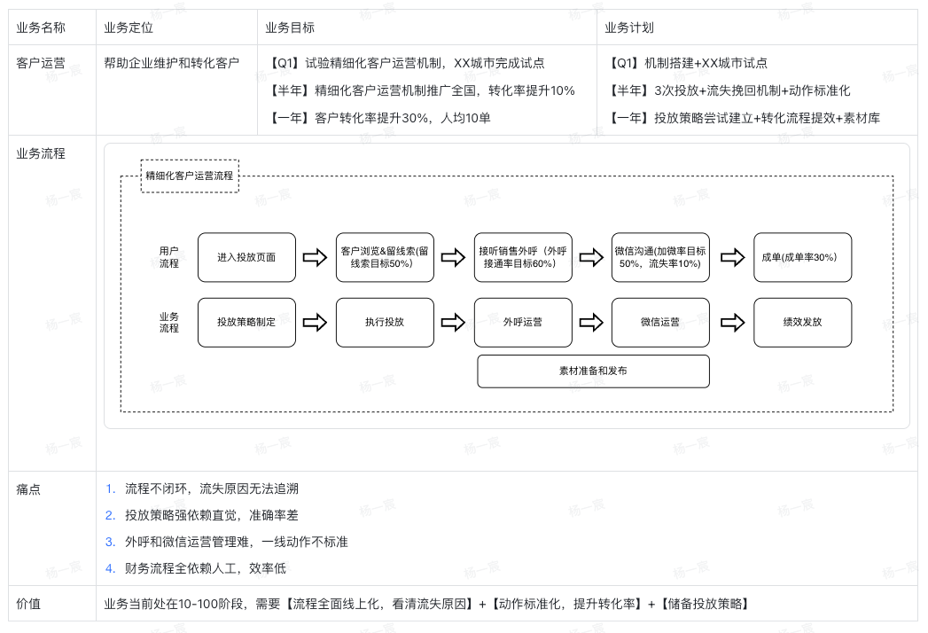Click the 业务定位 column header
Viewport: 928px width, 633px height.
click(129, 27)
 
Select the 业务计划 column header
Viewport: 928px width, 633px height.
click(629, 27)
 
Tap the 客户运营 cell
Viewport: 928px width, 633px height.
click(41, 63)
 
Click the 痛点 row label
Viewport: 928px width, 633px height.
click(28, 489)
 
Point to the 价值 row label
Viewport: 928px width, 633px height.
click(28, 604)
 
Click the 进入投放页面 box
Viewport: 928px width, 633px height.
click(246, 257)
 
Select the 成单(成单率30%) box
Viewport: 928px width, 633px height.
click(802, 257)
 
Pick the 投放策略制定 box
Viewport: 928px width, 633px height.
click(246, 322)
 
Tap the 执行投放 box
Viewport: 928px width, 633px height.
click(385, 322)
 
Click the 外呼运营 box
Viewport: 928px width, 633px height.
click(523, 322)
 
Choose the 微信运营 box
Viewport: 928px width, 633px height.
click(660, 322)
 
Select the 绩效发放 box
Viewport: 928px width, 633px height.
click(802, 322)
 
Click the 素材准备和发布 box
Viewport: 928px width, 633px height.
click(594, 371)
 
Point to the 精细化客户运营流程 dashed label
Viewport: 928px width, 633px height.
click(190, 176)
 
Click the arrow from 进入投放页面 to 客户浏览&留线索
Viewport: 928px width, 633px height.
click(315, 258)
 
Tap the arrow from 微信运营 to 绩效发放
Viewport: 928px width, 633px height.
click(733, 323)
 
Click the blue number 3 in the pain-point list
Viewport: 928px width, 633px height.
click(110, 542)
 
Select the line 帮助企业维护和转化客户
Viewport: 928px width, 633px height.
click(172, 63)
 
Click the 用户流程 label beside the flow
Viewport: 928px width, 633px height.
click(168, 257)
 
